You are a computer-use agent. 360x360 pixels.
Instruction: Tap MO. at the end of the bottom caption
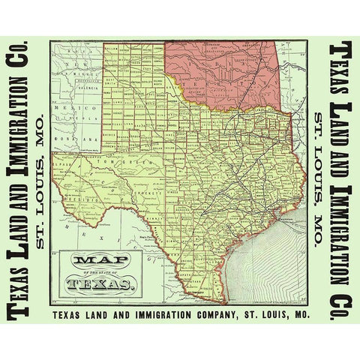coord(301,316)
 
